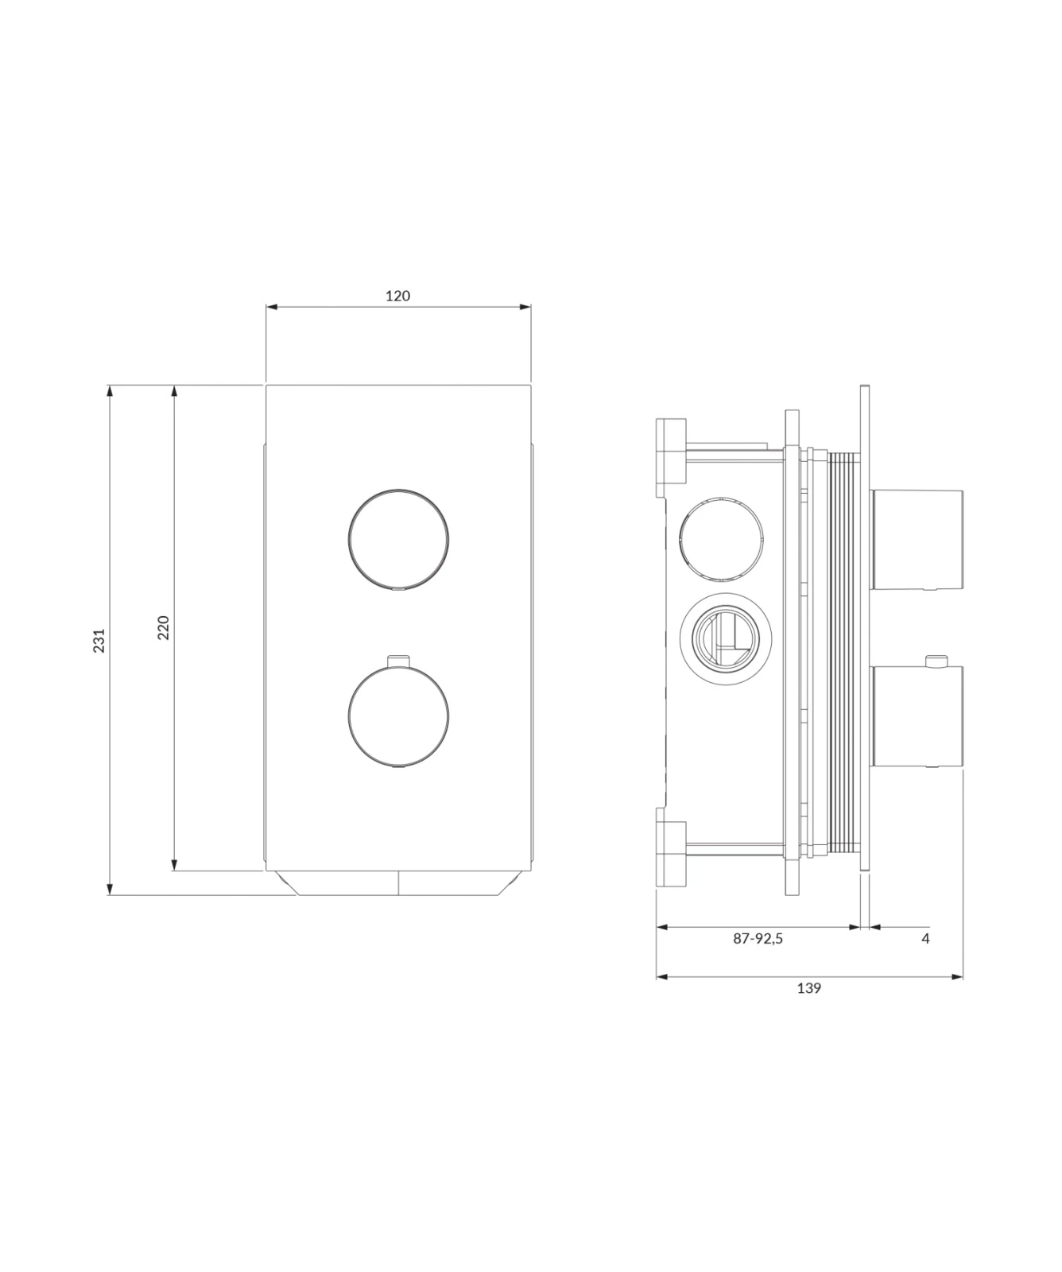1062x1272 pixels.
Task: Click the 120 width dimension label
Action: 397,296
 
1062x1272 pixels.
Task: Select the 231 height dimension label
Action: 99,641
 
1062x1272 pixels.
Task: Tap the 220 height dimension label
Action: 163,628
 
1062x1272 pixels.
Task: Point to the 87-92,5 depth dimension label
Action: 758,938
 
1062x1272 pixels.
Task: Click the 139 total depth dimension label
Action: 808,988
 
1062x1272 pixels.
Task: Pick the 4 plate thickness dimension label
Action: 925,938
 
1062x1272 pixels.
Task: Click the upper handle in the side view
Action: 917,540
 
